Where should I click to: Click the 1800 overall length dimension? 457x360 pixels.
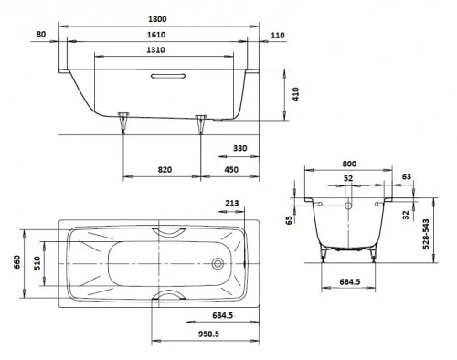point(157,19)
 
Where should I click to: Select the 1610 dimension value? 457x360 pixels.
point(156,35)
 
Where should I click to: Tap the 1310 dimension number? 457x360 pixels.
point(155,49)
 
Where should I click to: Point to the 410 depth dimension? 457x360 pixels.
point(296,94)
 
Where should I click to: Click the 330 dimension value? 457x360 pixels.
point(240,148)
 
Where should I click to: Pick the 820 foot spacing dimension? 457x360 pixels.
point(165,170)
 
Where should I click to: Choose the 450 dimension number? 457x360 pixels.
point(231,170)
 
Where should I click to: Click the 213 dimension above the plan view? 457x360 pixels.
point(232,203)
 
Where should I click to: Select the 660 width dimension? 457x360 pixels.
point(16,262)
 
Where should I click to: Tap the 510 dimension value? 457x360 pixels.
point(37,263)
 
